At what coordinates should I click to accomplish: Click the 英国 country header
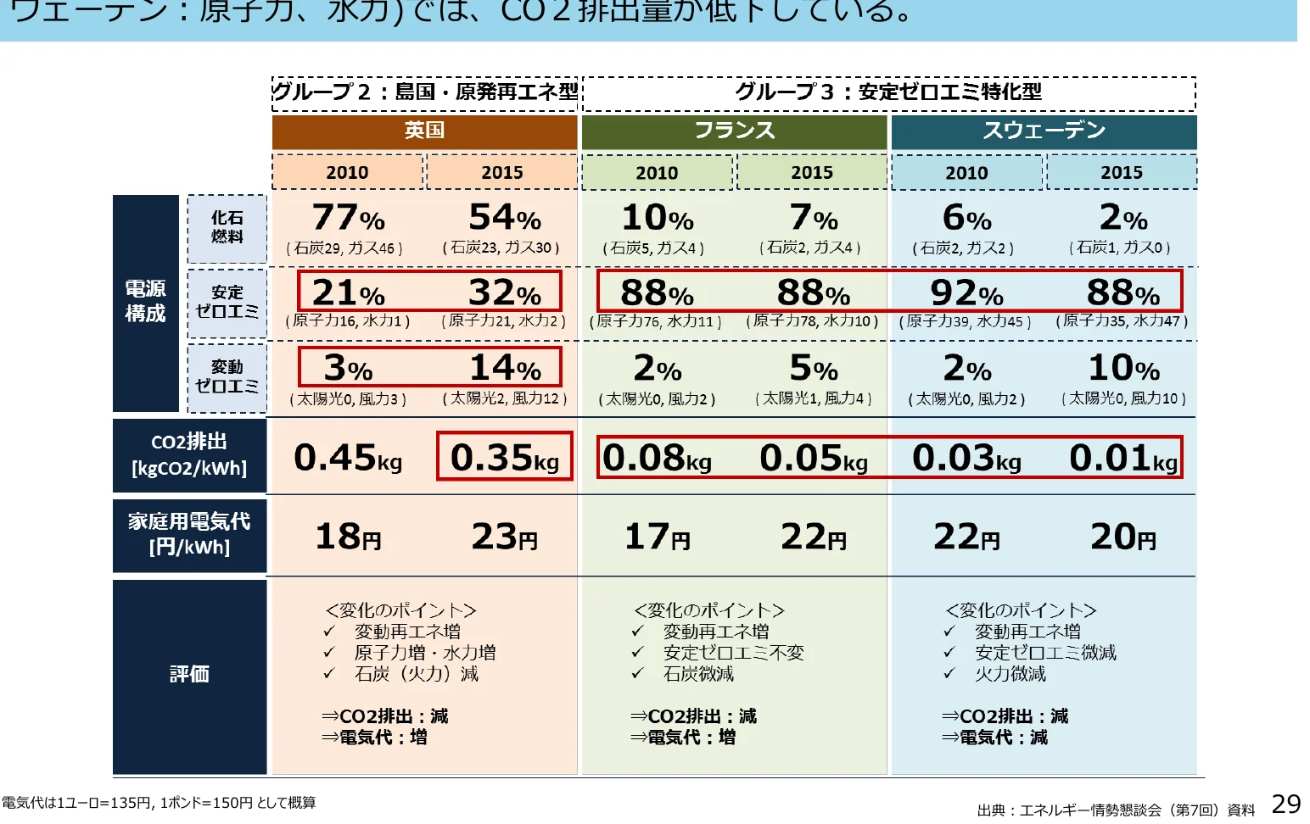coord(424,131)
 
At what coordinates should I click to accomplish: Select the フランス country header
coord(734,131)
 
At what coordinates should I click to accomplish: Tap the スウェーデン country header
coord(1044,131)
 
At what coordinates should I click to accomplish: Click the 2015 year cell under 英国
coord(501,172)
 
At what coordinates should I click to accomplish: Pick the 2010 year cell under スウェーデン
coord(966,172)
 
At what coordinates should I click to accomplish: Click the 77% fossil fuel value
coord(348,218)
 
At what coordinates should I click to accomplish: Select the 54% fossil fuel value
coord(505,218)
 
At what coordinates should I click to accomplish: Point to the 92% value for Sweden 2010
coord(966,293)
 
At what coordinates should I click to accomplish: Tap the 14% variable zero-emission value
coord(505,368)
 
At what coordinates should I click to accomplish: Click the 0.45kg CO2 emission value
coord(348,458)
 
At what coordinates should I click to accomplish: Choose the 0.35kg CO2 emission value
coord(505,458)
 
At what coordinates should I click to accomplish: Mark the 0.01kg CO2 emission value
coord(1123,458)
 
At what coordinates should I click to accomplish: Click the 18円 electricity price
coord(348,537)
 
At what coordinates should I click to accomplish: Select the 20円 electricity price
coord(1123,537)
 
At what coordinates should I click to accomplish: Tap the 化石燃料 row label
coord(227,227)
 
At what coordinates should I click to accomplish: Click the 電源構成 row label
coord(145,301)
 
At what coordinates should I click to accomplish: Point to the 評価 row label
coord(189,674)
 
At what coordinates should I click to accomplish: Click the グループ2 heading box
coord(424,92)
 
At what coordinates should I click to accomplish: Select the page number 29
coord(1286,804)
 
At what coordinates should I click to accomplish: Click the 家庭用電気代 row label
coord(189,533)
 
